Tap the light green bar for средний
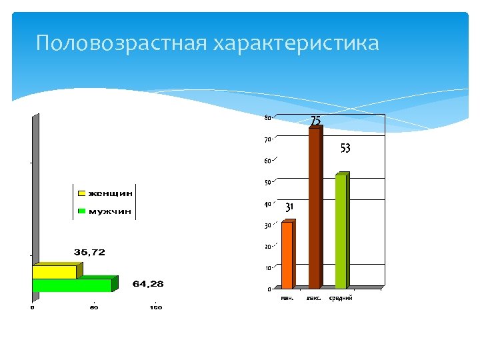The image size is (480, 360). pyautogui.click(x=341, y=231)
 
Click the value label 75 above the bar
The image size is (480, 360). pyautogui.click(x=316, y=121)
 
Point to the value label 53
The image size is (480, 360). pyautogui.click(x=345, y=149)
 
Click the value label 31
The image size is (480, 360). pyautogui.click(x=289, y=207)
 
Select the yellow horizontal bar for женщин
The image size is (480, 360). pyautogui.click(x=54, y=272)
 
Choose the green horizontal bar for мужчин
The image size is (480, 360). pyautogui.click(x=71, y=285)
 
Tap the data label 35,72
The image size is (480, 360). pyautogui.click(x=89, y=253)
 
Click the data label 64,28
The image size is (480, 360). pyautogui.click(x=148, y=284)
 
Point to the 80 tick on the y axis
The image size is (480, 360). pyautogui.click(x=267, y=118)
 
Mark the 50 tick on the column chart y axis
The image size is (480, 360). pyautogui.click(x=267, y=183)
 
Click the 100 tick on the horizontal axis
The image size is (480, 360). pyautogui.click(x=155, y=307)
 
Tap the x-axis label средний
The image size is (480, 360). pyautogui.click(x=341, y=298)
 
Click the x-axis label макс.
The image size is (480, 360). pyautogui.click(x=313, y=298)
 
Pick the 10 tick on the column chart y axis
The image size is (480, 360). pyautogui.click(x=267, y=268)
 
